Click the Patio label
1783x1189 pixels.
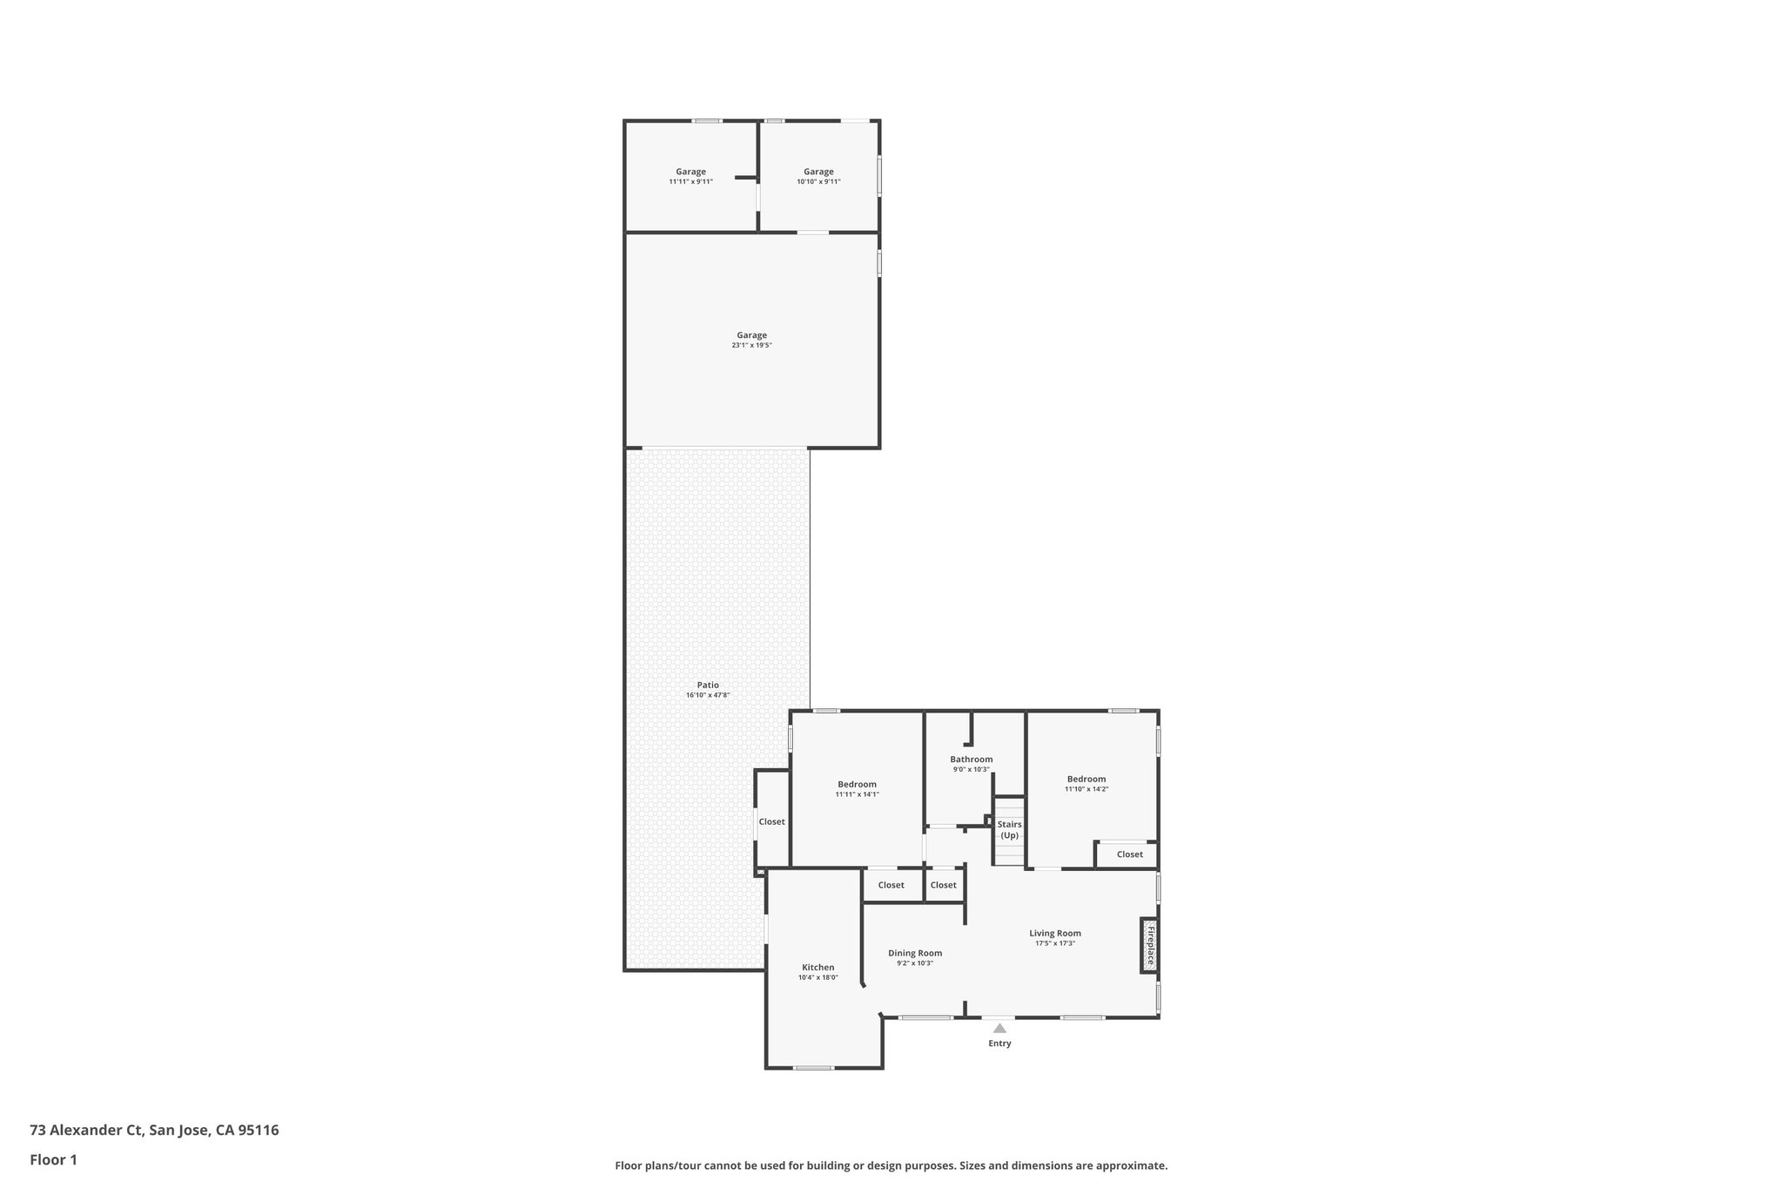pyautogui.click(x=708, y=685)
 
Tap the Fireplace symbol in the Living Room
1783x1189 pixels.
pyautogui.click(x=1149, y=945)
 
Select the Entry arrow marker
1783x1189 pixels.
pyautogui.click(x=999, y=1029)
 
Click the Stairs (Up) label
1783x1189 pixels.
pyautogui.click(x=1009, y=829)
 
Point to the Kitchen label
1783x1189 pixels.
pyautogui.click(x=817, y=967)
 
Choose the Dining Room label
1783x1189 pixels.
pyautogui.click(x=915, y=953)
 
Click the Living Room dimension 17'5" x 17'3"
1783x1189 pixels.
pyautogui.click(x=1055, y=943)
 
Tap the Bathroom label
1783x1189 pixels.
pyautogui.click(x=971, y=760)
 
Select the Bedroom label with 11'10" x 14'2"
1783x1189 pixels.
pyautogui.click(x=1087, y=779)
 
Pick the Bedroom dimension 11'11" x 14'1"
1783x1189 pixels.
pyautogui.click(x=857, y=794)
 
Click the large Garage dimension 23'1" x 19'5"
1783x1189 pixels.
pyautogui.click(x=751, y=346)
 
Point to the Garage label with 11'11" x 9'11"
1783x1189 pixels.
pyautogui.click(x=690, y=172)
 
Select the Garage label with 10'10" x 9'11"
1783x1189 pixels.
pyautogui.click(x=818, y=172)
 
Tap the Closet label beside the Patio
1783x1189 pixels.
pyautogui.click(x=771, y=821)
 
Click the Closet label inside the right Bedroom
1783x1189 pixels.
pyautogui.click(x=1129, y=855)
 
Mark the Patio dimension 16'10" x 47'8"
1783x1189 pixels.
pyautogui.click(x=708, y=695)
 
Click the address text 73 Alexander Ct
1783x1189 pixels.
pyautogui.click(x=86, y=1130)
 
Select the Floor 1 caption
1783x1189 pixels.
pyautogui.click(x=53, y=1159)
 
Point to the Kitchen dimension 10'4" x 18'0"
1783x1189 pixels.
pyautogui.click(x=817, y=977)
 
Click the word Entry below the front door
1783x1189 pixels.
pyautogui.click(x=999, y=1044)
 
